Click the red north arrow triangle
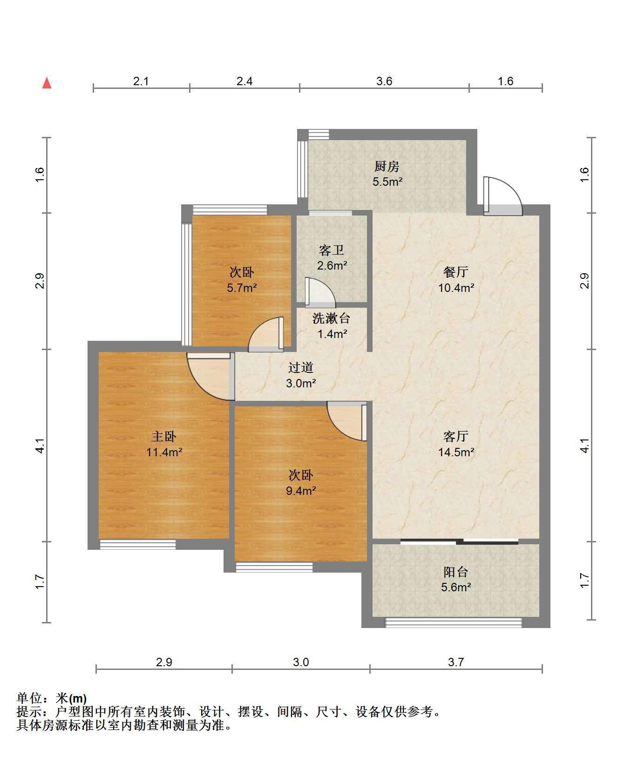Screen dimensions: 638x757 [x=47, y=83]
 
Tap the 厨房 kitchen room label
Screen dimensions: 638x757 [x=387, y=167]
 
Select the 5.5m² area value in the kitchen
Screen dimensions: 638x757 [x=387, y=182]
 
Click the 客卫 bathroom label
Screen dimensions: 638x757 [x=332, y=250]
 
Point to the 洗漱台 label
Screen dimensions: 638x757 [x=332, y=318]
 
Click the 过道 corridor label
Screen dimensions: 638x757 [x=301, y=368]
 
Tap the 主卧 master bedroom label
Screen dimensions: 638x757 [x=164, y=437]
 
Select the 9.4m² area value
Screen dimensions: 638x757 [x=301, y=491]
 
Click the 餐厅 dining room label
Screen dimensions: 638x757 [x=456, y=272]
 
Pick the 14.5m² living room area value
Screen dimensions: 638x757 [x=456, y=452]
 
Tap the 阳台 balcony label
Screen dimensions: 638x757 [x=456, y=572]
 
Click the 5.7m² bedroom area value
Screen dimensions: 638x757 [x=242, y=288]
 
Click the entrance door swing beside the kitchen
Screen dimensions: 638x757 [x=502, y=196]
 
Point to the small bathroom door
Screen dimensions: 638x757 [x=319, y=293]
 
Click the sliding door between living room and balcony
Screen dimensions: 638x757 [x=459, y=541]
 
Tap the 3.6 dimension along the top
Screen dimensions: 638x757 [x=384, y=81]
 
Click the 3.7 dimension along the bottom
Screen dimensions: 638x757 [x=456, y=662]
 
